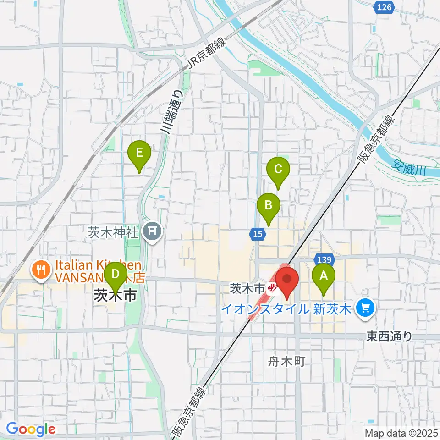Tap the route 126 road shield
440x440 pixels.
(x=385, y=7)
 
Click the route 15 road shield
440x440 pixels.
(x=258, y=234)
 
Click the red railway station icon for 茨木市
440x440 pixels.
(x=273, y=288)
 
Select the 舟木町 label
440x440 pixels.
(x=286, y=362)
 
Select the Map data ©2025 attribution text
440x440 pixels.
(x=401, y=433)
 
